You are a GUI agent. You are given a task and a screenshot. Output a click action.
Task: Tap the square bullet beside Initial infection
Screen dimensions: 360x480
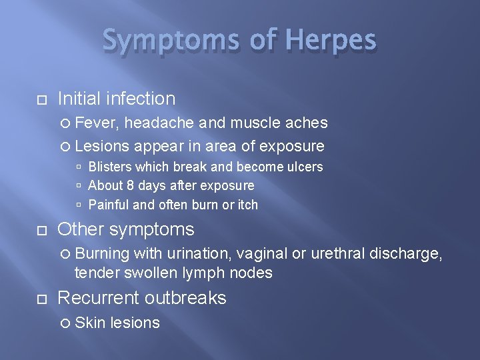click(x=41, y=100)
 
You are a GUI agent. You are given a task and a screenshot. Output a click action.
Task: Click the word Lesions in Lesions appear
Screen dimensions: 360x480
click(x=103, y=146)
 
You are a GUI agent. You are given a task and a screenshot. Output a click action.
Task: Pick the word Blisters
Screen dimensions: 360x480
click(x=110, y=167)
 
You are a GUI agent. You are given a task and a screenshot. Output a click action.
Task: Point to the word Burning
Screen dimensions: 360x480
click(x=102, y=253)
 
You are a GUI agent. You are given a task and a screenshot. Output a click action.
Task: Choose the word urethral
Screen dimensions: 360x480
click(x=347, y=253)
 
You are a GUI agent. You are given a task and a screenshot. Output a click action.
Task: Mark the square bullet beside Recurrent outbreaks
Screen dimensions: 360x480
click(x=41, y=299)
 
